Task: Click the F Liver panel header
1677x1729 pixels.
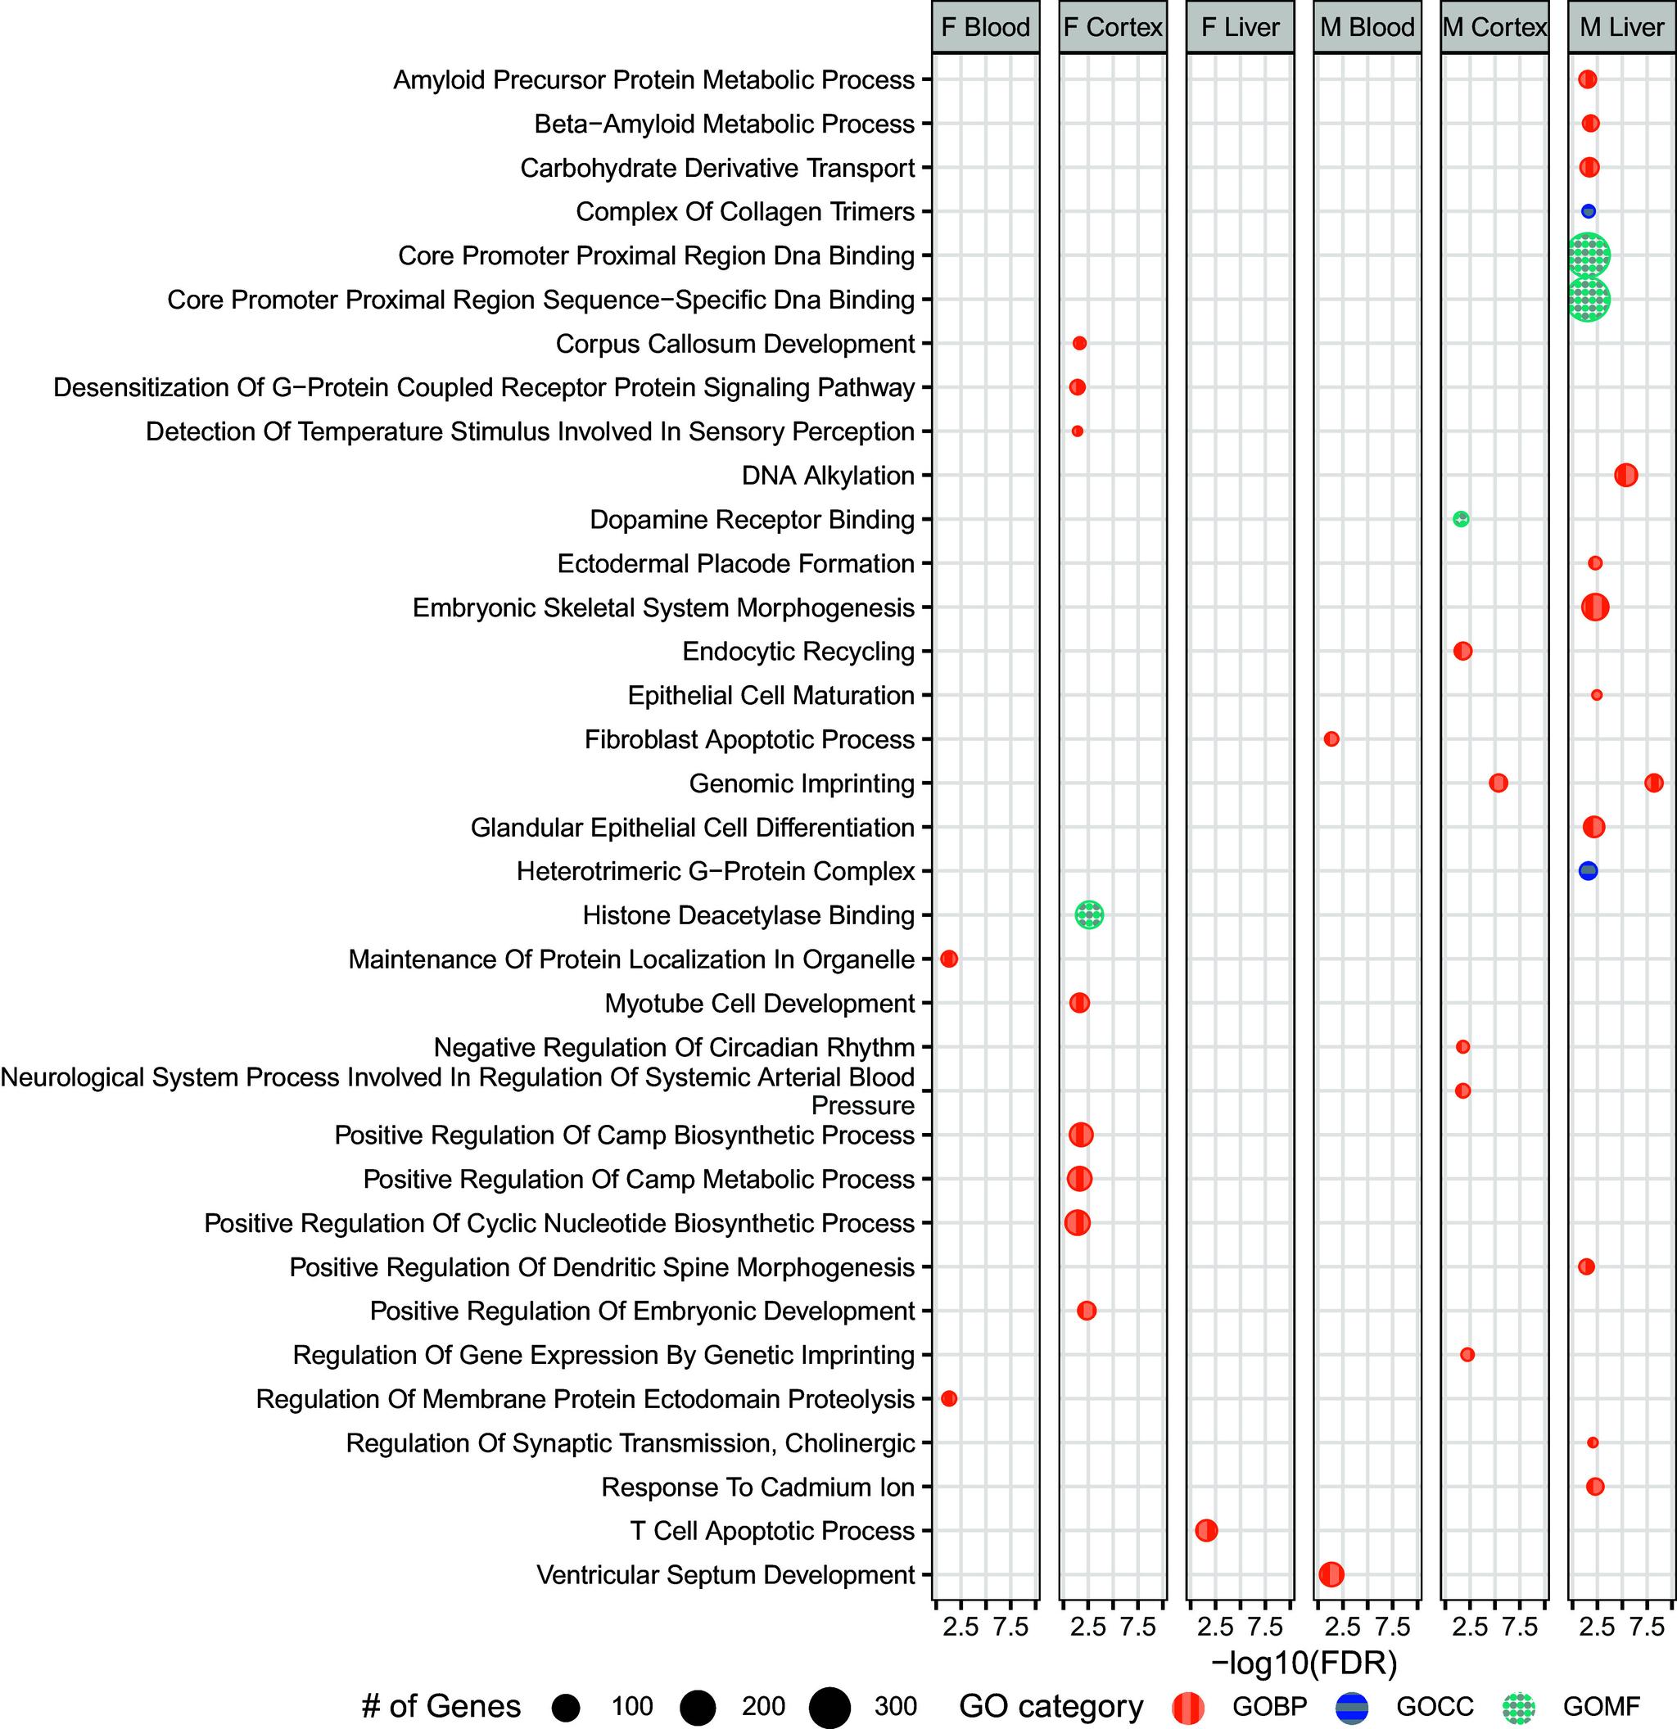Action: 1240,27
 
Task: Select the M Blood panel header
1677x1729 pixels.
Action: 1367,27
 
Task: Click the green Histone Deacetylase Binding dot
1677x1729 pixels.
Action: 1088,914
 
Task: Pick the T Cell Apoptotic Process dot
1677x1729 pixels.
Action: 1206,1531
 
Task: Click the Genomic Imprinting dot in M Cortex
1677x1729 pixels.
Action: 1498,783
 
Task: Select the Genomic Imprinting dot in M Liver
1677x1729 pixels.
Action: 1654,783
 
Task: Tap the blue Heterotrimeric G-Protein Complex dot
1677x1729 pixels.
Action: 1588,871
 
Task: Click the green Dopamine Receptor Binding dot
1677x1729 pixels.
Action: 1461,519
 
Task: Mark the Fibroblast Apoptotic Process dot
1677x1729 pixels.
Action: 1331,738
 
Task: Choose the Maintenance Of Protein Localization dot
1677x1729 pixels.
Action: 949,958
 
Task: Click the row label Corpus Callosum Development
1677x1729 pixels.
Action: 735,344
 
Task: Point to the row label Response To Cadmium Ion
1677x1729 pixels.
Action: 757,1487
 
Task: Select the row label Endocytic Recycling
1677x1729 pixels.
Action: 798,652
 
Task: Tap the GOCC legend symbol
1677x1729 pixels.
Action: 1351,1708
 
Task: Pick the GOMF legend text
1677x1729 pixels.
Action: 1601,1708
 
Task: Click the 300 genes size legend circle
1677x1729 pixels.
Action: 829,1708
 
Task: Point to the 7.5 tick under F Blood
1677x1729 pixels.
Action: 1011,1627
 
